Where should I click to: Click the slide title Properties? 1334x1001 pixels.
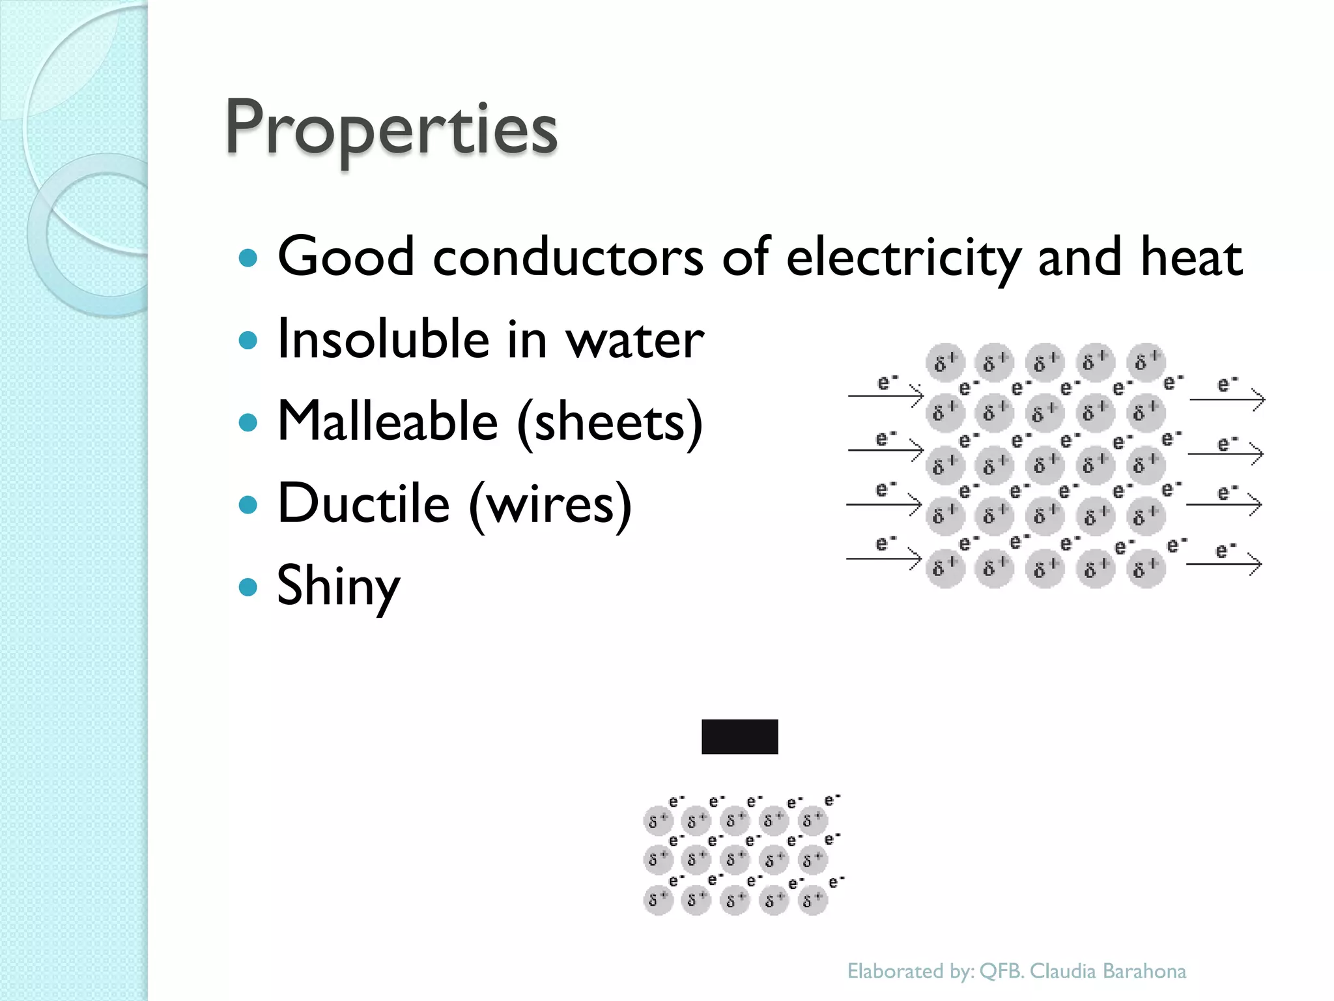pos(391,128)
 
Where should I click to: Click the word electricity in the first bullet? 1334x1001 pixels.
pos(903,257)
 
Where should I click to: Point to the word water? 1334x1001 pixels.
pos(634,340)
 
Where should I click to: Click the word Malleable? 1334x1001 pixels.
pos(388,421)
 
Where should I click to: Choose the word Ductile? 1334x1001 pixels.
pos(363,503)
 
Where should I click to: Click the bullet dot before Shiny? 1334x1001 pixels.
pos(248,587)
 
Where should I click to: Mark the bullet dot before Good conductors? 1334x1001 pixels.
pos(248,258)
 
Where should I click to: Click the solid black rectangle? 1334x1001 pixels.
pos(739,736)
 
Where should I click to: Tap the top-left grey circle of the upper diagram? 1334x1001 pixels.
pos(944,361)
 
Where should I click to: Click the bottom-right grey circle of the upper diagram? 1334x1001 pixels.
pos(1145,569)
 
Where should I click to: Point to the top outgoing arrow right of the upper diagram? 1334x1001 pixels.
pos(1227,398)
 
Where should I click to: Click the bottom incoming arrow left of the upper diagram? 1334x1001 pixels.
pos(884,559)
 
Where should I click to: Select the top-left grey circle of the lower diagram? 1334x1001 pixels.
pos(657,820)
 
